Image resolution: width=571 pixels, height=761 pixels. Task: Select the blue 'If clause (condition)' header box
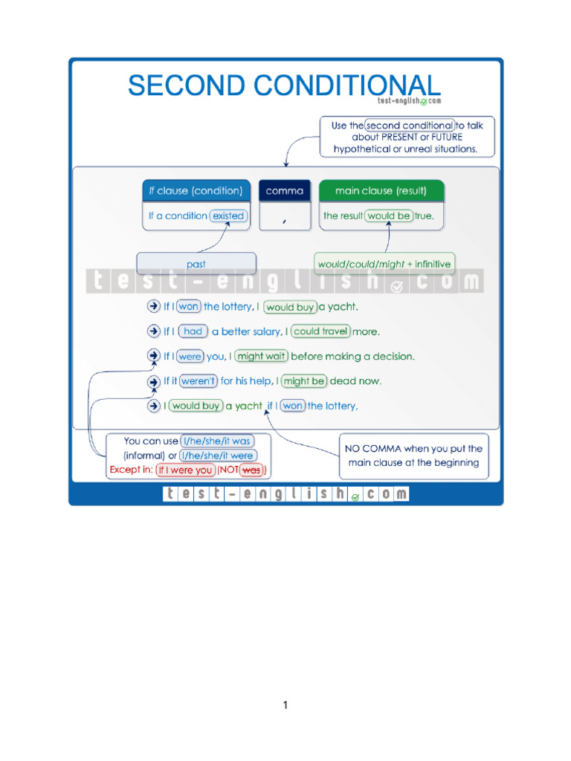(x=196, y=191)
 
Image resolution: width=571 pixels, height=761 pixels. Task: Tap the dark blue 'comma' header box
(x=285, y=191)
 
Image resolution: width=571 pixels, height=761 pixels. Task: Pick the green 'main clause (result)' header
(x=381, y=191)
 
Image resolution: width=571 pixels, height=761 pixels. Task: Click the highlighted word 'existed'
(x=228, y=216)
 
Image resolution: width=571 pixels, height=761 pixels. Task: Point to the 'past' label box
(x=196, y=264)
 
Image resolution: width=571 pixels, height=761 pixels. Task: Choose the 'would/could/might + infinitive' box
(x=384, y=264)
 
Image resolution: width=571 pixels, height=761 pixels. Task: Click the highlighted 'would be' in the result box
(x=388, y=216)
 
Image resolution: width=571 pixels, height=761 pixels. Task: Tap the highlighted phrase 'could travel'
(x=320, y=331)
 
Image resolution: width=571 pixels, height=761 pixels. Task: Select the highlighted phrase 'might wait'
(x=262, y=357)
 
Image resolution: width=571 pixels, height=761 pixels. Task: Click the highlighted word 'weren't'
(x=199, y=381)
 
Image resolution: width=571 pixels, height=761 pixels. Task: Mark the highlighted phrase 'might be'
(x=304, y=381)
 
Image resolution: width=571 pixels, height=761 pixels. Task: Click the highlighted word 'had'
(x=193, y=331)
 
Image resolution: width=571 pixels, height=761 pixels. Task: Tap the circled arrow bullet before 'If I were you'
(x=154, y=357)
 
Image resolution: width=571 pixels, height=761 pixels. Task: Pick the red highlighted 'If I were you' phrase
(x=185, y=470)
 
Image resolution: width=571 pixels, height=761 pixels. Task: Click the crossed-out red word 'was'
(x=252, y=470)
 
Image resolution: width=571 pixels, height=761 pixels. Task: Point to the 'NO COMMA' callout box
(x=414, y=456)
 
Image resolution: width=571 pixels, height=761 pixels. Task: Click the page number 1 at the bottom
(x=285, y=705)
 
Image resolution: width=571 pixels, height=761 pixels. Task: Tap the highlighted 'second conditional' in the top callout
(x=409, y=126)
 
